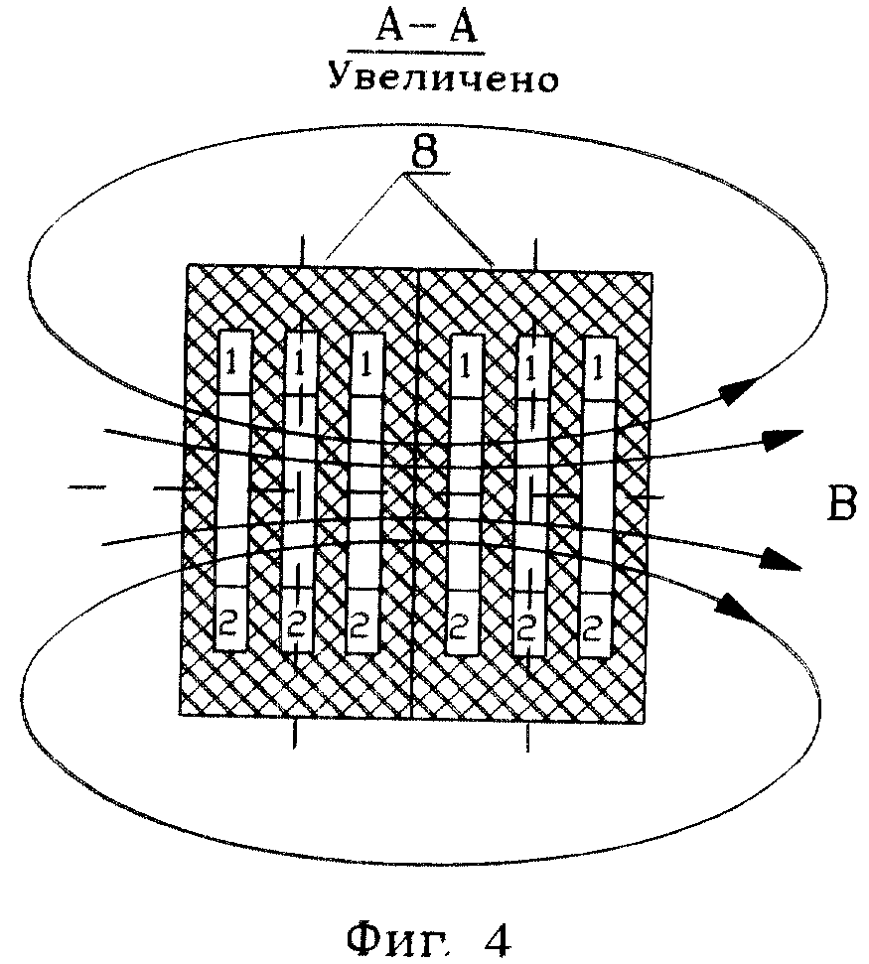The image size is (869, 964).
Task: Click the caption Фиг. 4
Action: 428,938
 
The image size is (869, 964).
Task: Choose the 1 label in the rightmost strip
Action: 596,364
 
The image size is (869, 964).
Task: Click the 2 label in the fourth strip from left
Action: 462,626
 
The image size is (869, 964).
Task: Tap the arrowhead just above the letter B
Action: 784,437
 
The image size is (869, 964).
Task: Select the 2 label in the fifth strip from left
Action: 527,626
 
